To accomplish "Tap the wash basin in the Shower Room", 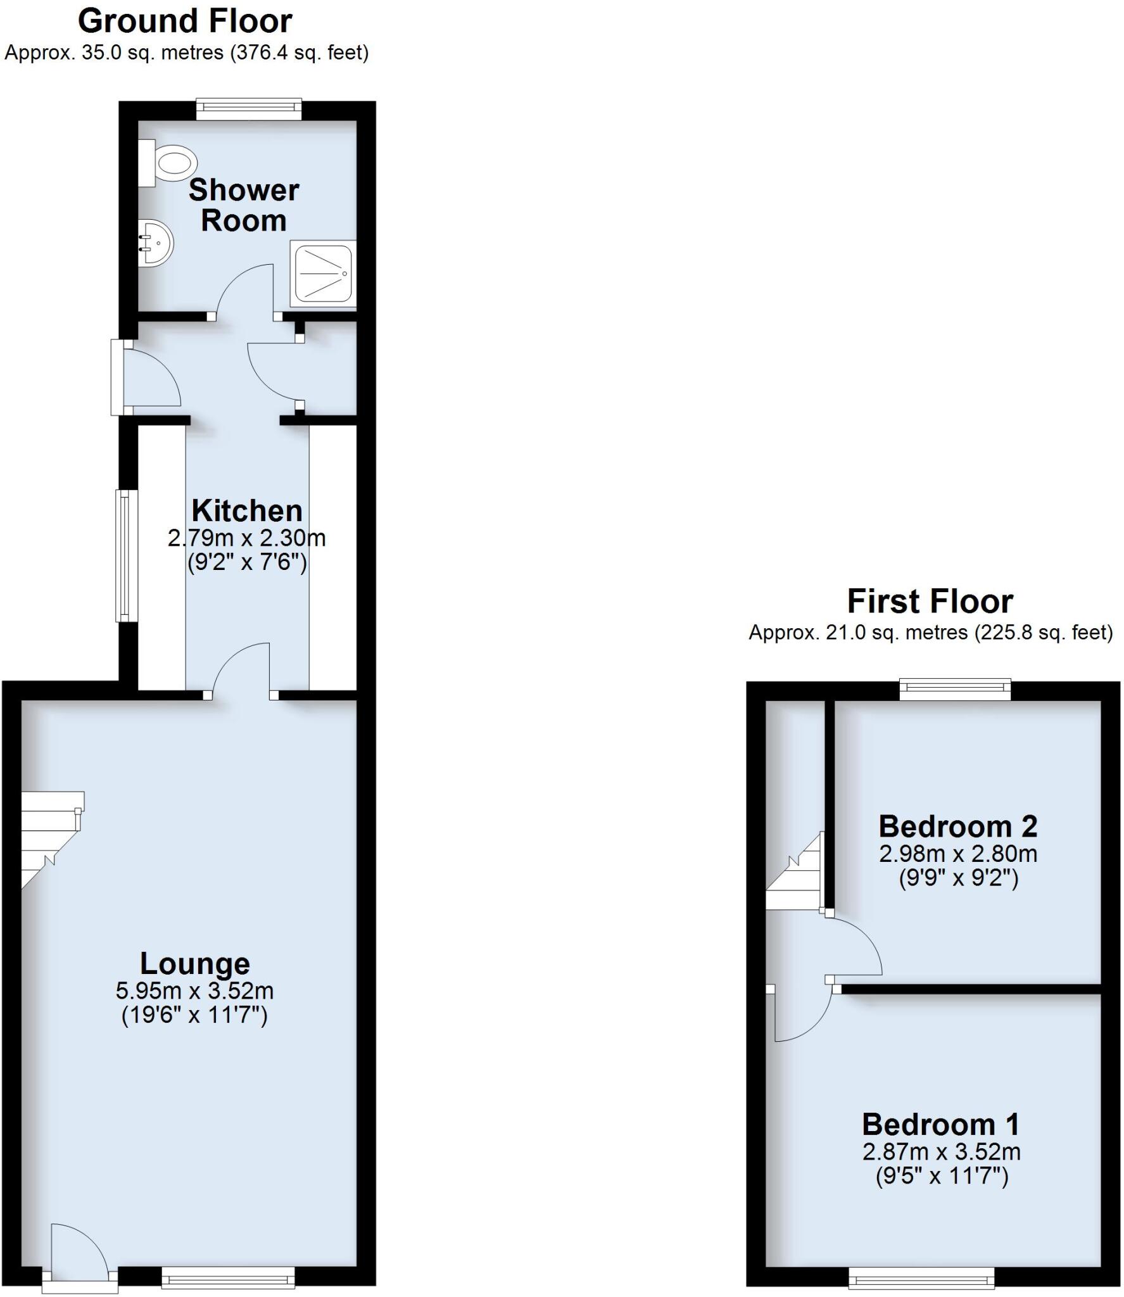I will click(154, 243).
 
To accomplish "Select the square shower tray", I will click(323, 274).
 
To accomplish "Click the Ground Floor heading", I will click(185, 21).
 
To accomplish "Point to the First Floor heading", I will click(930, 601).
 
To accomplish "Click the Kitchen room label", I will click(247, 510).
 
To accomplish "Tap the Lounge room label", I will click(195, 963).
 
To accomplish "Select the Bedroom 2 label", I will click(958, 826).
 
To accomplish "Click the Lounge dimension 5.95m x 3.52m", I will click(195, 990).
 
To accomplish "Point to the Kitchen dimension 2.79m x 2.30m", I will click(247, 538).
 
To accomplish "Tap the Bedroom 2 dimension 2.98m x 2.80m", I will click(958, 854).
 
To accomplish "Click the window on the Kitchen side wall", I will click(126, 555).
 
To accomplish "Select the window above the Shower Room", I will click(248, 109).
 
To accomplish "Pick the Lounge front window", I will click(228, 1277).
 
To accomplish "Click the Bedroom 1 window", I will click(921, 1277).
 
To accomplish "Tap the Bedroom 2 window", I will click(956, 689).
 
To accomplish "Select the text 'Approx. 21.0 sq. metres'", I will click(858, 632).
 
